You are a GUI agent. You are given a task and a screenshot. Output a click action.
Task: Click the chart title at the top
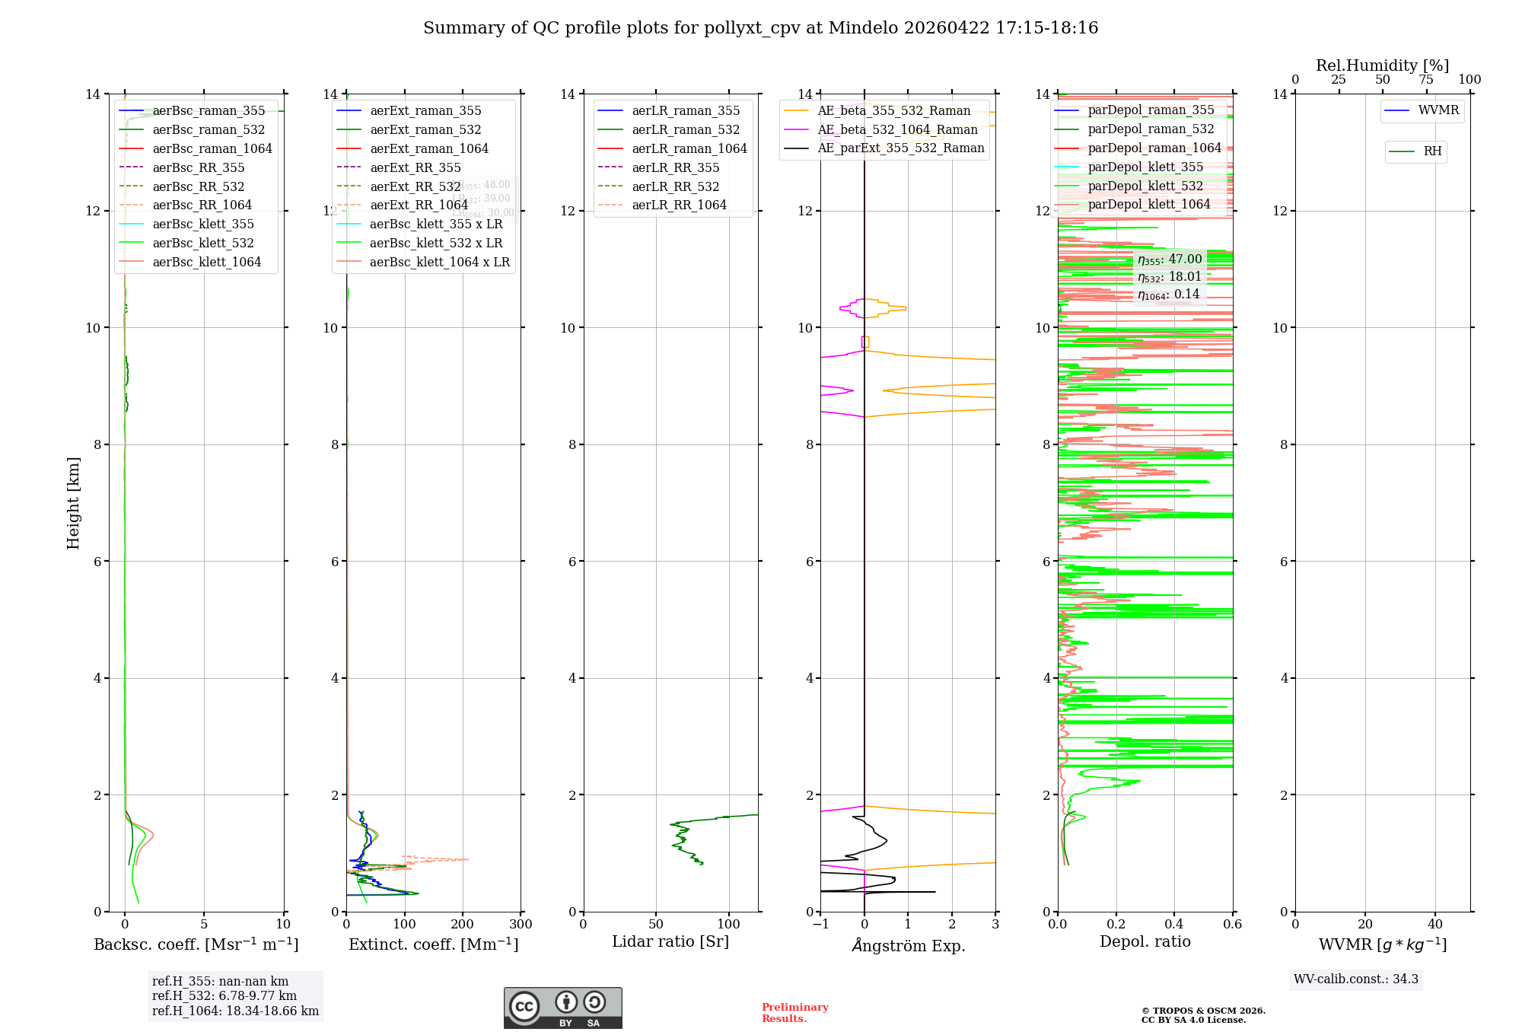760,28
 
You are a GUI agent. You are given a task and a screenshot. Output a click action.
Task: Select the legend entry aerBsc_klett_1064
206,262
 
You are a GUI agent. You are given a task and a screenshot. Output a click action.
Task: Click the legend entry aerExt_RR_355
415,167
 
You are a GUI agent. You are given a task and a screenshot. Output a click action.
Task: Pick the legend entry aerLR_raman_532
685,129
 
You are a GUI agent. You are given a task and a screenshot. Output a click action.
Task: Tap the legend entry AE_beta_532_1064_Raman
897,129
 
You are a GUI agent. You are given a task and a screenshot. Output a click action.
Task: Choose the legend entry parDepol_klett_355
1145,167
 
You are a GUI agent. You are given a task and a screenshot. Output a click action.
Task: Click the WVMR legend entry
1438,110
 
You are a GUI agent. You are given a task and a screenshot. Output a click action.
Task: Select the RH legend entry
1431,151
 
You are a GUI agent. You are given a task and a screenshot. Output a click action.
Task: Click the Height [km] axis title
73,502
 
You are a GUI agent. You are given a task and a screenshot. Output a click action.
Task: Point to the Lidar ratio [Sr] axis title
670,941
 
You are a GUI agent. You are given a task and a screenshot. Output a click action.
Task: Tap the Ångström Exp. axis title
908,945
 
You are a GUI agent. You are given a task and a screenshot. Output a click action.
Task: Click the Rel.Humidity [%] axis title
1382,65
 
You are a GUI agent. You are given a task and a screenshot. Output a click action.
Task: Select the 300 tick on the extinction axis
521,925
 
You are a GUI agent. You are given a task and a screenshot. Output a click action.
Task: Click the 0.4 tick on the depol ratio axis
1174,925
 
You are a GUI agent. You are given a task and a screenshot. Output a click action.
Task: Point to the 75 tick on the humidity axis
1426,80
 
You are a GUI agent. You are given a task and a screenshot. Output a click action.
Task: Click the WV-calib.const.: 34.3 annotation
1355,979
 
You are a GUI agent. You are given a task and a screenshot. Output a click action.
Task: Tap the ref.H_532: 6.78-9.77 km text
224,995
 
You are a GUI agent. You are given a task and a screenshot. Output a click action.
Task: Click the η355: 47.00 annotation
1170,260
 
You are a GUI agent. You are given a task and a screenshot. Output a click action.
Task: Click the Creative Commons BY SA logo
562,1008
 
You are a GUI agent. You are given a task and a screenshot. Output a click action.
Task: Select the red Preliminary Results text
794,1012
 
